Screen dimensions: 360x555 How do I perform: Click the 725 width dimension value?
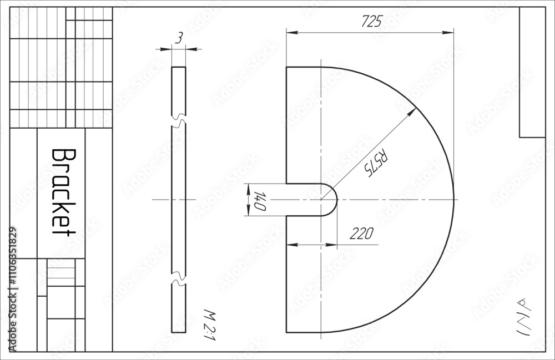[x=372, y=22]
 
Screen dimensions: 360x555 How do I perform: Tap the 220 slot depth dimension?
[x=361, y=233]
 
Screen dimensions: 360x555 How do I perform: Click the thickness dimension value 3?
[x=179, y=38]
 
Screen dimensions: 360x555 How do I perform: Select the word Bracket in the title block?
[x=63, y=192]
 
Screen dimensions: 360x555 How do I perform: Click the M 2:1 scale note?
[x=208, y=324]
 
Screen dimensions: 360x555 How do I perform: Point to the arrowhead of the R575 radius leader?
[x=413, y=110]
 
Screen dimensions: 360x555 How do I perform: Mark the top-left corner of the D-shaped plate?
[x=286, y=67]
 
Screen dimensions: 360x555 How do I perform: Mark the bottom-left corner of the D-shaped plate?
[x=286, y=332]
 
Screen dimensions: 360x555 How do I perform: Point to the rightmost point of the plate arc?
[x=453, y=199]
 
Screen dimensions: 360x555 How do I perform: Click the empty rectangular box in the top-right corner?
[x=532, y=72]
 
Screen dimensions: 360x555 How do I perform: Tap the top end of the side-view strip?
[x=179, y=68]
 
